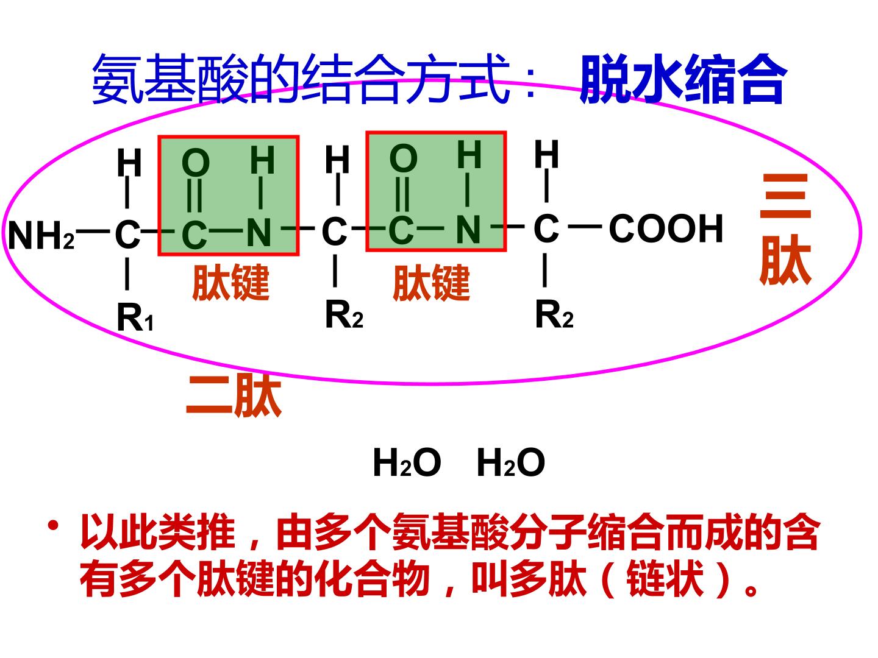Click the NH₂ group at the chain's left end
pos(41,235)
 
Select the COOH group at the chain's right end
pos(666,228)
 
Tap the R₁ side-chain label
pos(135,317)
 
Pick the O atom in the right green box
pos(403,158)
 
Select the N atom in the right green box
pos(468,229)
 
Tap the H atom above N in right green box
pos(469,154)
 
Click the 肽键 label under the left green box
pos(231,282)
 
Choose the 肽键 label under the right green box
pos(431,283)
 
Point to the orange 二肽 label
pos(234,395)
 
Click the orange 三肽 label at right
pos(785,229)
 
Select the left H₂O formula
pos(407,462)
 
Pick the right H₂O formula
pos(511,462)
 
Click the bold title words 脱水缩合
pos(681,79)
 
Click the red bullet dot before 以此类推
pos(53,525)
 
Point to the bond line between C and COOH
pos(585,227)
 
